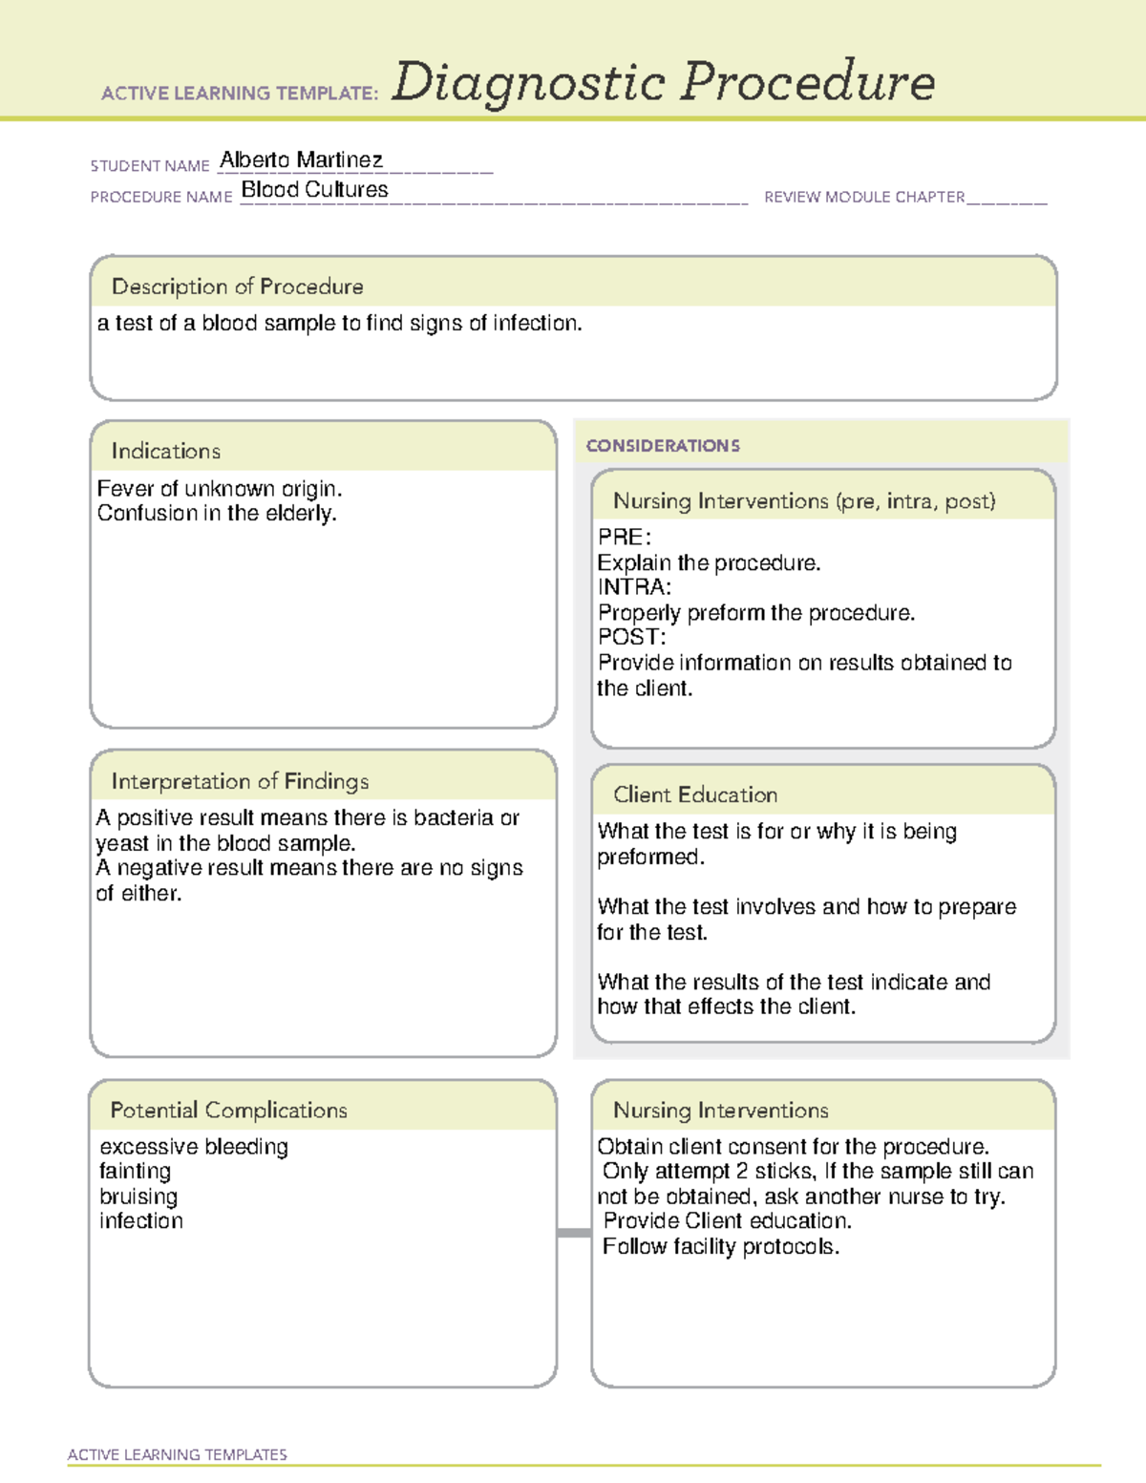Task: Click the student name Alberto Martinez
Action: pos(301,159)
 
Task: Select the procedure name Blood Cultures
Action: pos(314,189)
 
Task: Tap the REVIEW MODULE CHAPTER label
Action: pos(863,197)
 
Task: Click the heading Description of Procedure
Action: pos(237,286)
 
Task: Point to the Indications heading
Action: pos(165,451)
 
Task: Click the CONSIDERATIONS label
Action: pos(663,446)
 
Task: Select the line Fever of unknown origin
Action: pos(219,489)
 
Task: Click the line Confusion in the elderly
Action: pos(217,514)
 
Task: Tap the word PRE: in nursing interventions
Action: pos(624,538)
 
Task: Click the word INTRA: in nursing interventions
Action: pos(634,587)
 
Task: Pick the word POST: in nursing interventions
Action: pos(631,637)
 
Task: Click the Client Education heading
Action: pos(695,794)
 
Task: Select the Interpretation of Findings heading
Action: pos(240,781)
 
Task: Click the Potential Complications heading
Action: pos(228,1110)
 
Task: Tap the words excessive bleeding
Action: pos(194,1147)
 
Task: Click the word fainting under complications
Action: pos(135,1172)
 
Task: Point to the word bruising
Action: pos(138,1197)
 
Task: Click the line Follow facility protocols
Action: pos(721,1247)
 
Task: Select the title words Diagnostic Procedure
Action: pos(663,82)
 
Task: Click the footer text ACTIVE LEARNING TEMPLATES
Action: pos(178,1454)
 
